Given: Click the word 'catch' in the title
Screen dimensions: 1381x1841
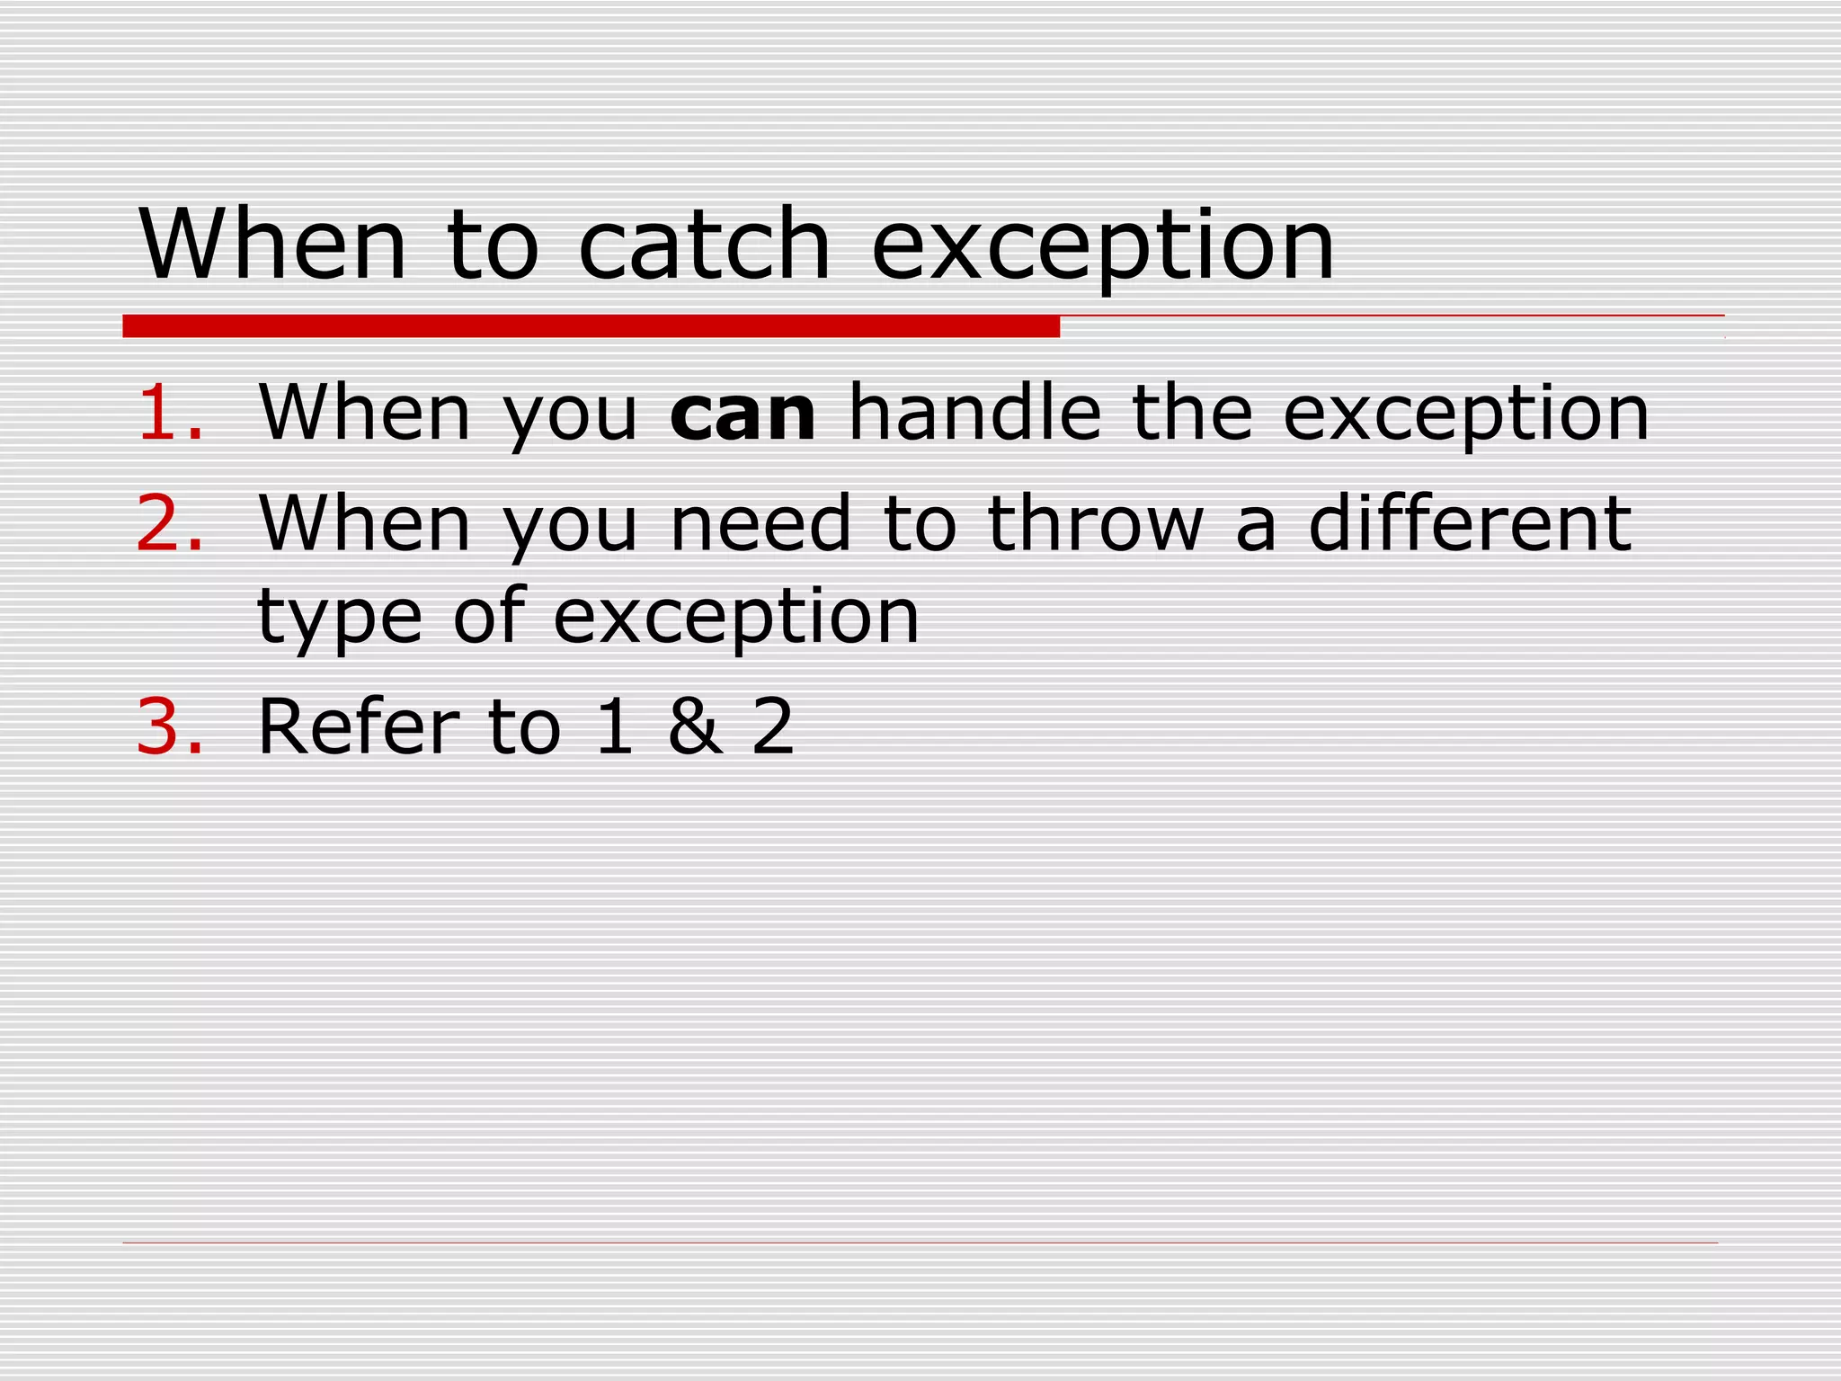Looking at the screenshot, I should pyautogui.click(x=704, y=245).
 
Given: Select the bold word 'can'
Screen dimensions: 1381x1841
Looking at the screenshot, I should pyautogui.click(x=743, y=414).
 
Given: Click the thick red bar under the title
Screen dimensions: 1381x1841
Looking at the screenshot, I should pyautogui.click(x=591, y=325).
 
